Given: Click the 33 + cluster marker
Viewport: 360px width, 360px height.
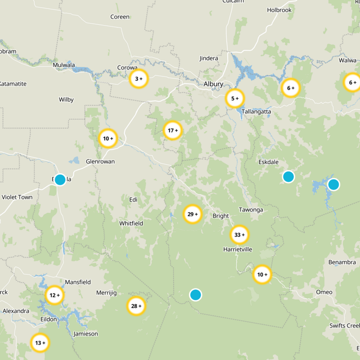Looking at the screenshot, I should click(x=239, y=234).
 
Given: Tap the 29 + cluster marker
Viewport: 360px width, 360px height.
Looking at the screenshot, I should click(x=193, y=214).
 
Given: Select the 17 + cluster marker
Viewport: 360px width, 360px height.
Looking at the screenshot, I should click(x=173, y=131).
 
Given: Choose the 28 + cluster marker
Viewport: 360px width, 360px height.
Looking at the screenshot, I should click(x=136, y=306).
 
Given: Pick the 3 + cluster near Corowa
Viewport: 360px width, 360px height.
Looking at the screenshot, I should click(x=139, y=79).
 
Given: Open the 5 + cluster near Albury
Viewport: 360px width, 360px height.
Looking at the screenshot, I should click(x=235, y=98).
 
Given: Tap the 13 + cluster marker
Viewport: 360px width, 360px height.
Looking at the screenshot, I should click(x=40, y=343).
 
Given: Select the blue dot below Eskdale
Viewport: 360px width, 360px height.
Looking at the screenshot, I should click(x=288, y=177).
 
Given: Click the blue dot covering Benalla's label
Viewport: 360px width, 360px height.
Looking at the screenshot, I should click(x=60, y=180).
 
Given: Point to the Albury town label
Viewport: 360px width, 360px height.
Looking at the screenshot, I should click(x=213, y=84).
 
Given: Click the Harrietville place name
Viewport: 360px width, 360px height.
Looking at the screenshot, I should click(x=238, y=249).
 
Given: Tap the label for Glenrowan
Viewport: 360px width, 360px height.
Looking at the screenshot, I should click(x=100, y=161).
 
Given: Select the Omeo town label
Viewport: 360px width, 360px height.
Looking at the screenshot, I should click(x=324, y=292).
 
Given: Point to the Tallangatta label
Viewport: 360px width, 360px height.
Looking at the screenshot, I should click(x=256, y=111).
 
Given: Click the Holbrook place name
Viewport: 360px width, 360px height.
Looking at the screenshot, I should click(x=279, y=10).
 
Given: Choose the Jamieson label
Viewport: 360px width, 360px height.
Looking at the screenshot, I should click(x=85, y=334).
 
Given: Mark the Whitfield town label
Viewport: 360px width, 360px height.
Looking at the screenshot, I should click(x=131, y=223).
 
